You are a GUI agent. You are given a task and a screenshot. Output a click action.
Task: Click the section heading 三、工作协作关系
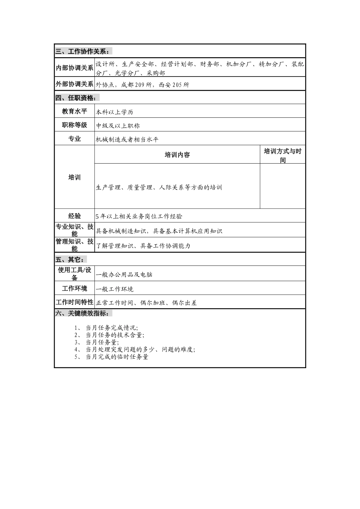tap(83, 52)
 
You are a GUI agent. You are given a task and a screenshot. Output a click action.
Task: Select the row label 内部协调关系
tap(75, 68)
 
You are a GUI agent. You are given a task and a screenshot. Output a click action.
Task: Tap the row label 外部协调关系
tap(75, 84)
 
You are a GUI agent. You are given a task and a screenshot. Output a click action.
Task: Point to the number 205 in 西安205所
tap(177, 85)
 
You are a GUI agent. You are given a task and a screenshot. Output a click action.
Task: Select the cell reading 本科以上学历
tap(114, 112)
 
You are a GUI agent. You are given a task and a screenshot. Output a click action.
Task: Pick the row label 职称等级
tap(75, 125)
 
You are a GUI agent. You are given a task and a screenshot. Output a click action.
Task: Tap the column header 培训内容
tap(177, 155)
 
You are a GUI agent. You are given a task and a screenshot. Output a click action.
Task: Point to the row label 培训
tap(75, 177)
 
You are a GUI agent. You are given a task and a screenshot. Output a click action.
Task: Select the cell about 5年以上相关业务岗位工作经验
tap(139, 216)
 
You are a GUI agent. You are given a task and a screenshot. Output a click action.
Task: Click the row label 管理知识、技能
tap(75, 245)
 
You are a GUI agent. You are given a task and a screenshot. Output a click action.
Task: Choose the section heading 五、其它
tap(71, 259)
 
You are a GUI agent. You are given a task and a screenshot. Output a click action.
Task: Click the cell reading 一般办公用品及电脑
tap(124, 275)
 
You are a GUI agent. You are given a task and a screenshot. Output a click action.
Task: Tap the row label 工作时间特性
tap(75, 302)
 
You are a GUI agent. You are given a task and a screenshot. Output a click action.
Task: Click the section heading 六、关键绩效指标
tap(83, 313)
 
